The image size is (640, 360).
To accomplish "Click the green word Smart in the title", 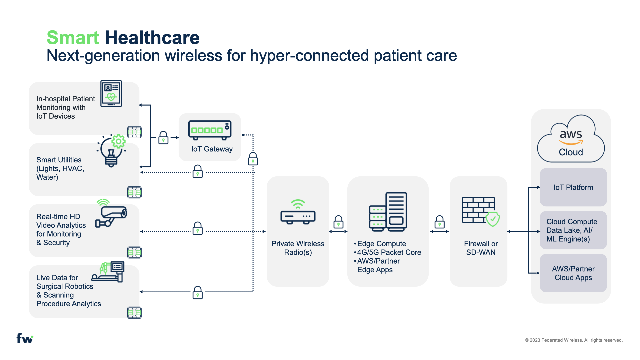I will tap(73, 37).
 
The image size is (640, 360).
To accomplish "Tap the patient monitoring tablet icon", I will tap(111, 93).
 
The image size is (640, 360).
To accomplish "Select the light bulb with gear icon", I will tap(112, 150).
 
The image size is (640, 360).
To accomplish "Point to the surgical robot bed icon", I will tap(108, 272).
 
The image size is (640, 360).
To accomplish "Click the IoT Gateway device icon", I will tap(210, 130).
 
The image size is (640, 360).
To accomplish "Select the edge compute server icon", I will tap(388, 212).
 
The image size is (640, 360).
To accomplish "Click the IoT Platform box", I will tap(573, 187).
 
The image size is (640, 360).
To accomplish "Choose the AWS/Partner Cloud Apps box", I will tap(573, 273).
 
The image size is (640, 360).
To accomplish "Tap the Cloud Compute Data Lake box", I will tap(573, 230).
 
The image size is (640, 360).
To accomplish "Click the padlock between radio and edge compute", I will tap(338, 222).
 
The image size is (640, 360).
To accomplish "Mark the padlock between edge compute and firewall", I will tap(439, 222).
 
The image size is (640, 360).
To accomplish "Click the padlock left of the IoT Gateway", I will tap(163, 137).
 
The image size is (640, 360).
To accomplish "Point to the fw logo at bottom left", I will tap(25, 338).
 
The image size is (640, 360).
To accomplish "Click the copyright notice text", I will tap(573, 340).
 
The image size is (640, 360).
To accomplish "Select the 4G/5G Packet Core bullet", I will tap(389, 252).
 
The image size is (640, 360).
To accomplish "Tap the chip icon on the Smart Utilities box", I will tap(134, 192).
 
